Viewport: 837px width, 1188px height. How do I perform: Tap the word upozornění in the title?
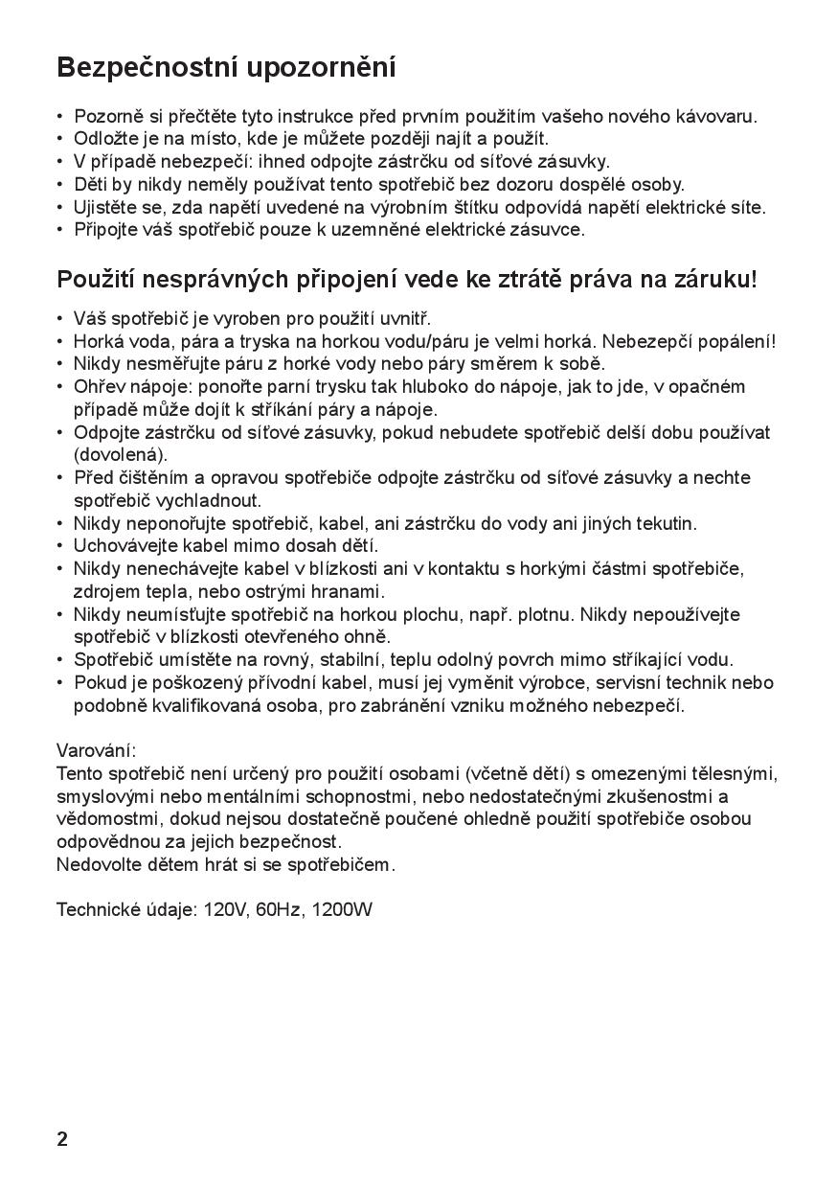322,69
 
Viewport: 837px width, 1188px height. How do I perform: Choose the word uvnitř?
405,318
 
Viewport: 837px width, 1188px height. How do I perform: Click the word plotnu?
546,614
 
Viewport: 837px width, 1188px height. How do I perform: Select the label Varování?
97,750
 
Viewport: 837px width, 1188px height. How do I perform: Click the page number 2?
62,1139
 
